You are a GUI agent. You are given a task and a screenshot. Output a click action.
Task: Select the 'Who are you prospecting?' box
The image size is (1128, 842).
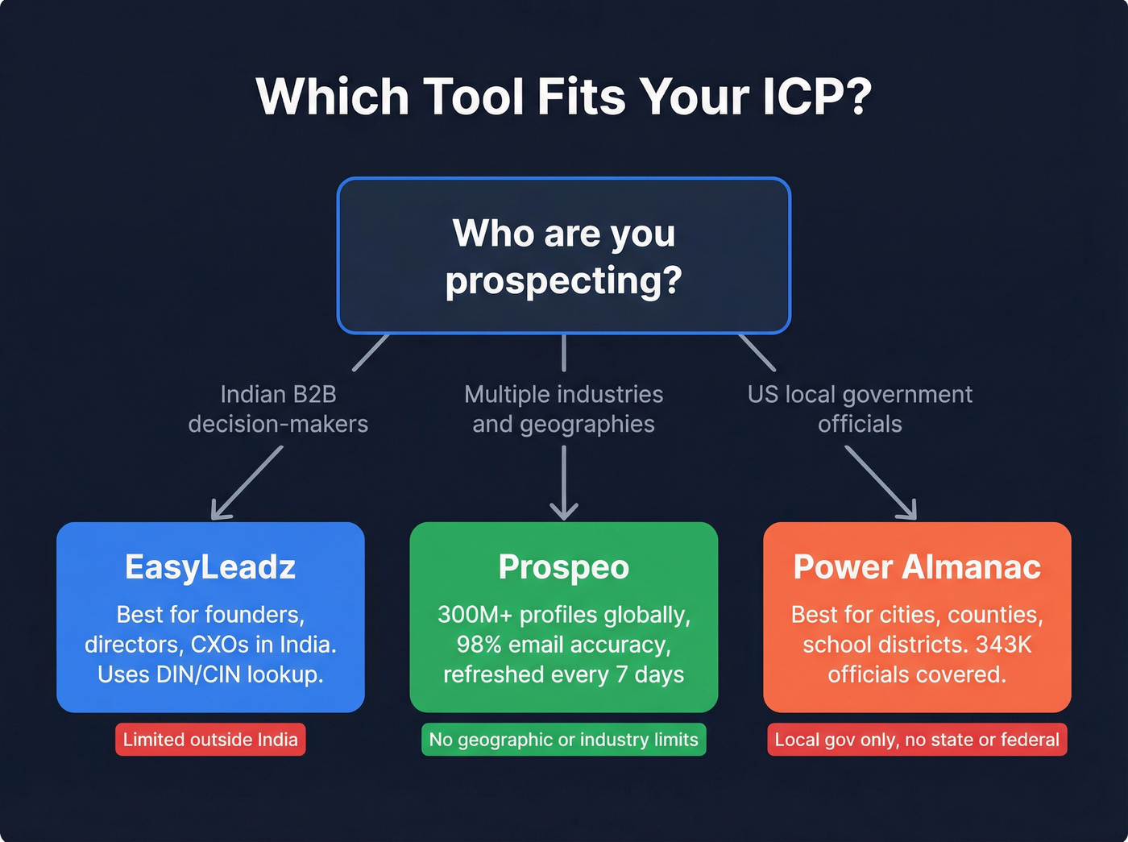tap(563, 255)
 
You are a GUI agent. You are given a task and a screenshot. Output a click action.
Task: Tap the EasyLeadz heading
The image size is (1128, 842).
tap(210, 567)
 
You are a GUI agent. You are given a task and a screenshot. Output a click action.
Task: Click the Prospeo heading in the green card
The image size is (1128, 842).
tap(563, 567)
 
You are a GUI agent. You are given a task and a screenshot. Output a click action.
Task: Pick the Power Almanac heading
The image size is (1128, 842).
tap(917, 567)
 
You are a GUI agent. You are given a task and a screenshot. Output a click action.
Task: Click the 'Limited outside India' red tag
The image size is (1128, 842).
tap(210, 740)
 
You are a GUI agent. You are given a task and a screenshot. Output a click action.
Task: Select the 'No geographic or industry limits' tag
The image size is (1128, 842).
tap(563, 740)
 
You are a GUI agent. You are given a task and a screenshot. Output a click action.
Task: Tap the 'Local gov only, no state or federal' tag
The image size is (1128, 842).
tap(917, 740)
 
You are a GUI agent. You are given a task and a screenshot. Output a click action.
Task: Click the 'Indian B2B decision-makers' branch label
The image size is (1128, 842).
tap(278, 409)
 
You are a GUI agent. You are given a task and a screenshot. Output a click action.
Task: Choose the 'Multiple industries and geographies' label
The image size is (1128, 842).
tap(563, 409)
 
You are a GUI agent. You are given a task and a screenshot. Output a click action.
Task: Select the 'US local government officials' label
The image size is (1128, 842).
tap(860, 409)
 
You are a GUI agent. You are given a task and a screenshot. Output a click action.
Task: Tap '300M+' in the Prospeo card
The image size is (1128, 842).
tap(475, 615)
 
